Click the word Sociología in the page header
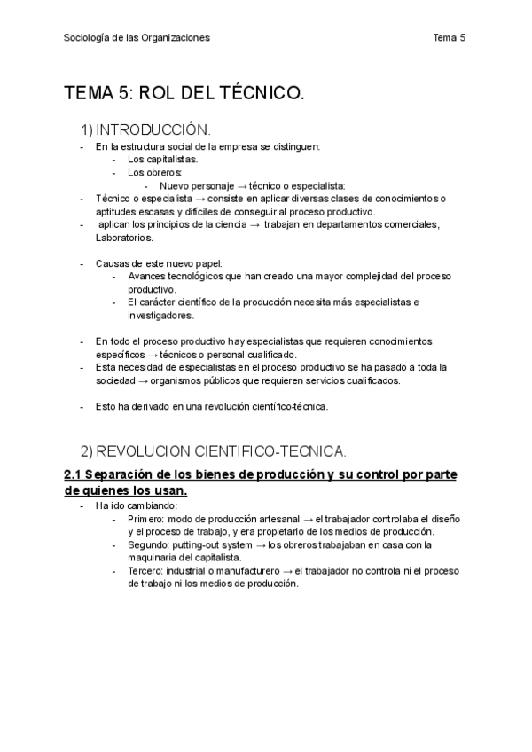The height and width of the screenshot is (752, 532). (x=87, y=37)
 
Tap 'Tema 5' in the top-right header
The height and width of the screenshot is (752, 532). (x=450, y=37)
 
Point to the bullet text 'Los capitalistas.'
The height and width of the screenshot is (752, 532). (x=162, y=160)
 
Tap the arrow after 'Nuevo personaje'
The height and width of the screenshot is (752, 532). (x=242, y=186)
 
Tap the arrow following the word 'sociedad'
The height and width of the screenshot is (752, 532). (x=142, y=380)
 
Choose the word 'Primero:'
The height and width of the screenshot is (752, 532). (x=147, y=519)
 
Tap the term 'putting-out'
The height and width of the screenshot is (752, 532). (x=198, y=544)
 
